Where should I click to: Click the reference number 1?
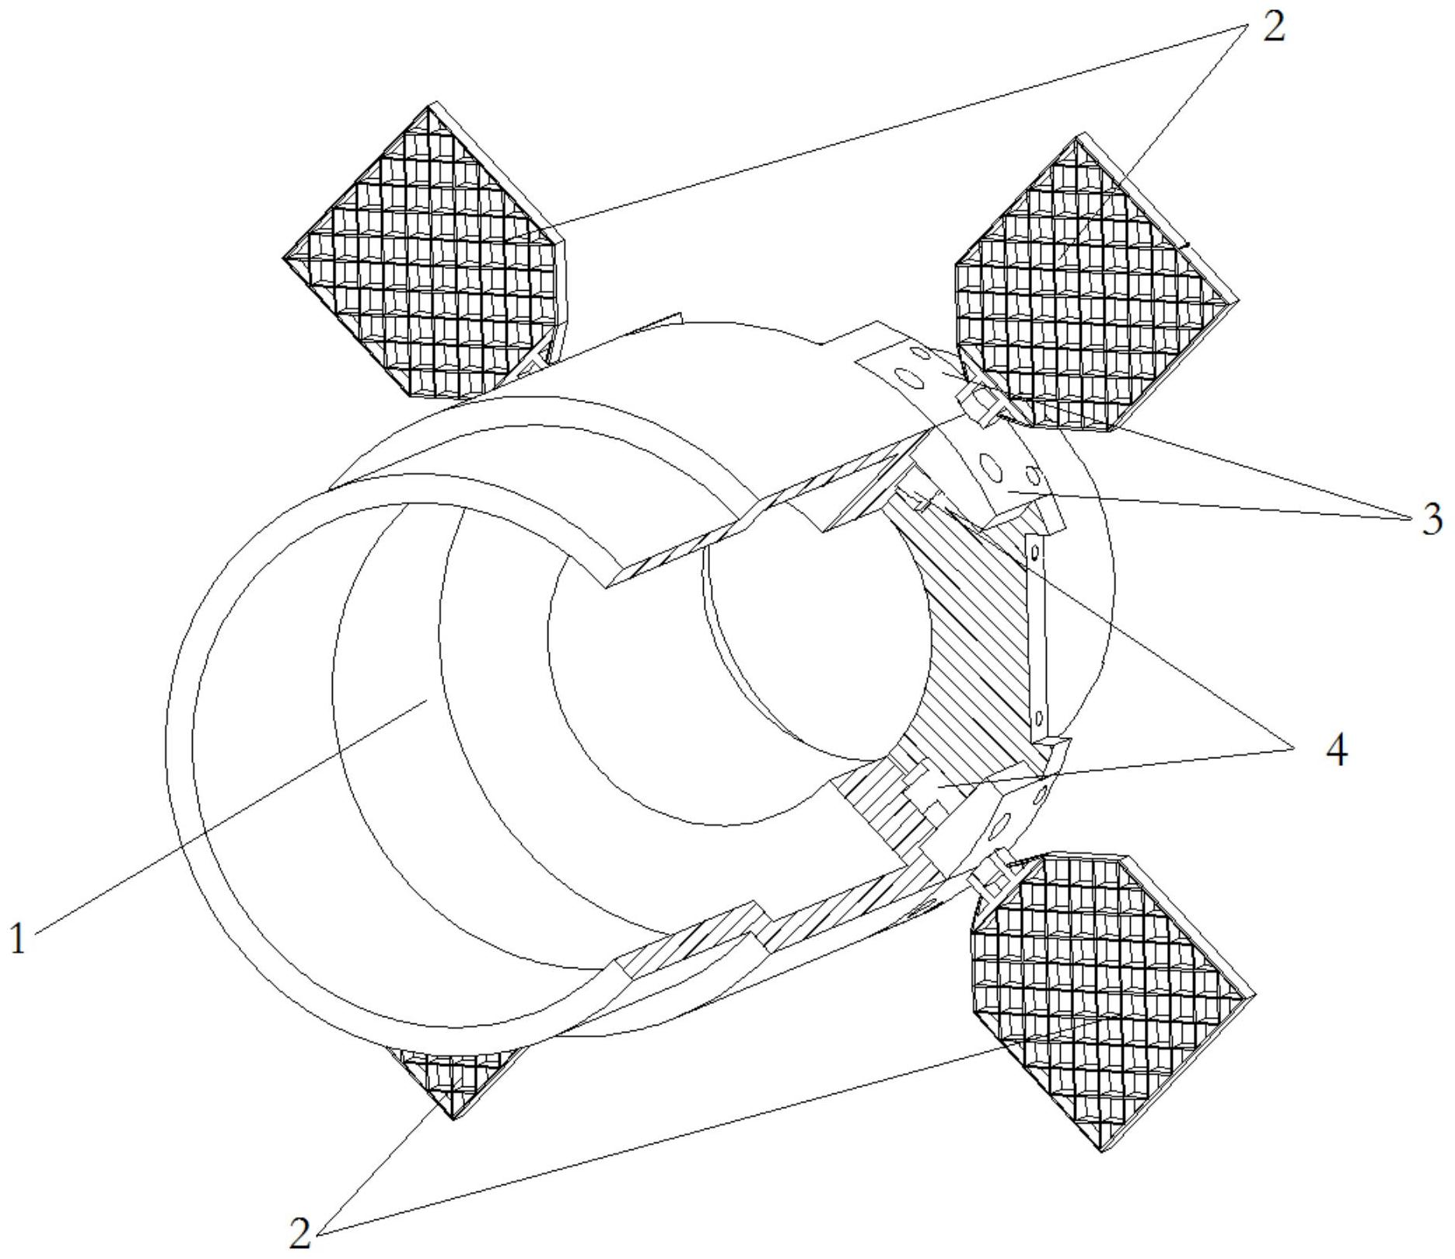coord(17,939)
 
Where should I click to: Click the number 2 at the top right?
coord(1274,27)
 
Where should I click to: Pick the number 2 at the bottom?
coord(300,1232)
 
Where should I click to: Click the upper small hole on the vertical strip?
coord(1034,552)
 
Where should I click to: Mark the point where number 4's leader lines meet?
coord(1295,748)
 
